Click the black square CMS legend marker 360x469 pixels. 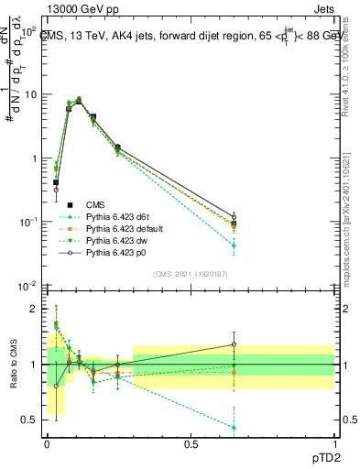68,204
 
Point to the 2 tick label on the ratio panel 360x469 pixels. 35,309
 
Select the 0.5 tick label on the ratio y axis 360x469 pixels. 30,420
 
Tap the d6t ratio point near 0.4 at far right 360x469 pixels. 234,428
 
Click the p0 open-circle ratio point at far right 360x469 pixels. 234,345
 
